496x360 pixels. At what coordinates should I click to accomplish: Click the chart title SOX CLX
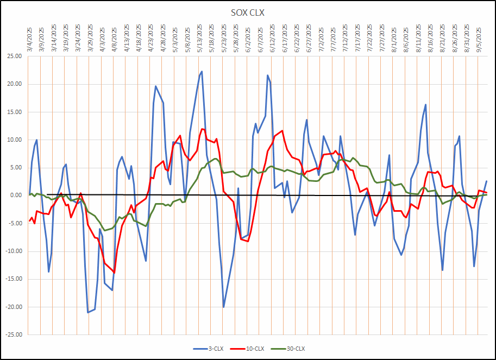point(248,12)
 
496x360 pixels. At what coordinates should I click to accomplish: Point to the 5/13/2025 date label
point(200,38)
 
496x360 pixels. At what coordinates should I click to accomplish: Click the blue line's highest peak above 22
point(202,71)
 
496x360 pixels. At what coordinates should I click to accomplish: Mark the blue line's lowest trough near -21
point(87,312)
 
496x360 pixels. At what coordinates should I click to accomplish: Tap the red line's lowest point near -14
point(114,273)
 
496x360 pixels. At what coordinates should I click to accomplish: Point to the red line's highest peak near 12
point(202,129)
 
